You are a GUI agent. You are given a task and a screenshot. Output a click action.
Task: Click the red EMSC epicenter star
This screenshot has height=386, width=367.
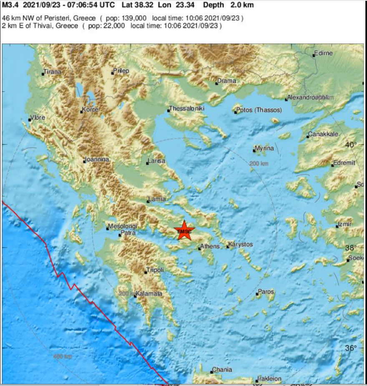point(184,231)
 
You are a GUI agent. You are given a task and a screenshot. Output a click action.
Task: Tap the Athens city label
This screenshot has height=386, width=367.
point(210,246)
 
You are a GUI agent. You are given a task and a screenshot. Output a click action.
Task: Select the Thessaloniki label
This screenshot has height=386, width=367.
point(187,108)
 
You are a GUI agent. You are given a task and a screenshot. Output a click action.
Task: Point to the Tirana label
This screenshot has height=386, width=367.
point(53,72)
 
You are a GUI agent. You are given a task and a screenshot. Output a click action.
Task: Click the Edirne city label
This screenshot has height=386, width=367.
point(324,53)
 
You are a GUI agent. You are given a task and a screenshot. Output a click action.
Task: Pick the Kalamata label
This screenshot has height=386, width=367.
point(149,294)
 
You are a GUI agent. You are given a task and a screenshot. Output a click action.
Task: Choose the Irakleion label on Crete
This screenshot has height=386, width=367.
point(269,378)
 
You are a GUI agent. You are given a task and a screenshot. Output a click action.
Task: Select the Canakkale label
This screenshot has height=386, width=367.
point(323,135)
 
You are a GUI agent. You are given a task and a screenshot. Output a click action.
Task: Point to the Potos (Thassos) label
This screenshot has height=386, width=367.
point(259,111)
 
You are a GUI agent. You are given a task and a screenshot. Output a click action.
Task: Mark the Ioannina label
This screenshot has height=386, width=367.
point(97,159)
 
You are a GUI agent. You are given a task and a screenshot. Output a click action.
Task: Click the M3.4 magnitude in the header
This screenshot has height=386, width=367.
point(10,5)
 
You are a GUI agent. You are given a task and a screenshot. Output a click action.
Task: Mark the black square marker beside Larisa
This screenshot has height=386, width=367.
point(147,163)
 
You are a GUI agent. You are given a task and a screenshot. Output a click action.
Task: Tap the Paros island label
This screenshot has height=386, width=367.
point(266,292)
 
